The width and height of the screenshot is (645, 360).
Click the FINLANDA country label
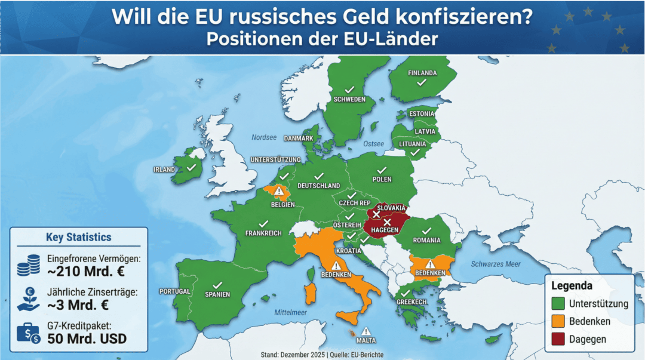[422, 73]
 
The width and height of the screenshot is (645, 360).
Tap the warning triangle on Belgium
[278, 191]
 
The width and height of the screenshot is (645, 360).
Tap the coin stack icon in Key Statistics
[27, 265]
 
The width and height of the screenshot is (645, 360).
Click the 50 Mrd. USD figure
[87, 339]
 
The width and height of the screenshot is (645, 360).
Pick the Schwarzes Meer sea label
[495, 264]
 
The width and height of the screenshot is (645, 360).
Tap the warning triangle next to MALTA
[365, 331]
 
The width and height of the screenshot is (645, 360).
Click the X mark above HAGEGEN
[386, 222]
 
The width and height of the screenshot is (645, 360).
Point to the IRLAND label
[164, 170]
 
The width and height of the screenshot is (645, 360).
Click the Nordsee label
[263, 137]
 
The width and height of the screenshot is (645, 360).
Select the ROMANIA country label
[426, 240]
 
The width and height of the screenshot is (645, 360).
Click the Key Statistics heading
[78, 237]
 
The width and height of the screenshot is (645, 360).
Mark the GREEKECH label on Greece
[411, 302]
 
